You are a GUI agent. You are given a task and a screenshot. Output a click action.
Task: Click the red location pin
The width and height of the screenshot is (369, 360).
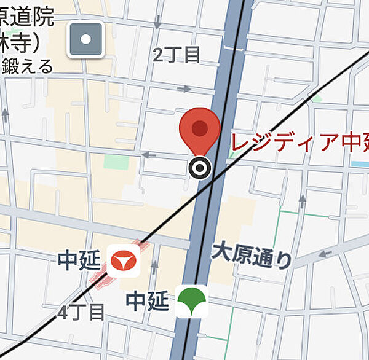point(200,128)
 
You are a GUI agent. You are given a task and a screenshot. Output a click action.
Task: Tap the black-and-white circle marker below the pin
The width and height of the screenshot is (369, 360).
point(199,166)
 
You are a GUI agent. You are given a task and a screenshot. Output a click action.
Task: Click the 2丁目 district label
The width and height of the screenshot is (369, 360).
point(177,55)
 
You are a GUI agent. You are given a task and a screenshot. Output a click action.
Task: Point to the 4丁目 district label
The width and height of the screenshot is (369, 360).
point(81,311)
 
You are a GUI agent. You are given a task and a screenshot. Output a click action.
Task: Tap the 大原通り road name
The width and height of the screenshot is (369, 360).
point(252,254)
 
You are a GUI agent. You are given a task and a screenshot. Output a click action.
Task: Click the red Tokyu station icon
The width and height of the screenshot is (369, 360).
point(125,260)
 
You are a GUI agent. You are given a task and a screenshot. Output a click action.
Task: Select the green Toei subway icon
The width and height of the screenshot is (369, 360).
point(192,301)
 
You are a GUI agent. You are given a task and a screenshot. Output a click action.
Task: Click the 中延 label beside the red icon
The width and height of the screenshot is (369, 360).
point(79,260)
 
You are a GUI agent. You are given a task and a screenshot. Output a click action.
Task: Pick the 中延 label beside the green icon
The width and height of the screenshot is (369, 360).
point(147,301)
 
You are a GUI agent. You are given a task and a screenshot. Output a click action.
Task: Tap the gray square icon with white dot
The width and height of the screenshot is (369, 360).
point(85,39)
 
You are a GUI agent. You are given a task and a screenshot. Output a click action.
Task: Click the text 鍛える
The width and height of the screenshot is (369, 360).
point(27,66)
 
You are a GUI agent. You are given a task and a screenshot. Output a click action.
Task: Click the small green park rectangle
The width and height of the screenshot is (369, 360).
point(116,162)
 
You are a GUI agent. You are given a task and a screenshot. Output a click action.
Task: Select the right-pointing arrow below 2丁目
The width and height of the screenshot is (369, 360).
point(184,88)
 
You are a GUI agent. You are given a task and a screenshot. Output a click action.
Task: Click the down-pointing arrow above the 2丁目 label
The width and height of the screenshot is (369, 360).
point(158,23)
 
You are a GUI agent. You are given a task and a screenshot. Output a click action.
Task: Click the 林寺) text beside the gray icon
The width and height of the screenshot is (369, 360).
point(22,41)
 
